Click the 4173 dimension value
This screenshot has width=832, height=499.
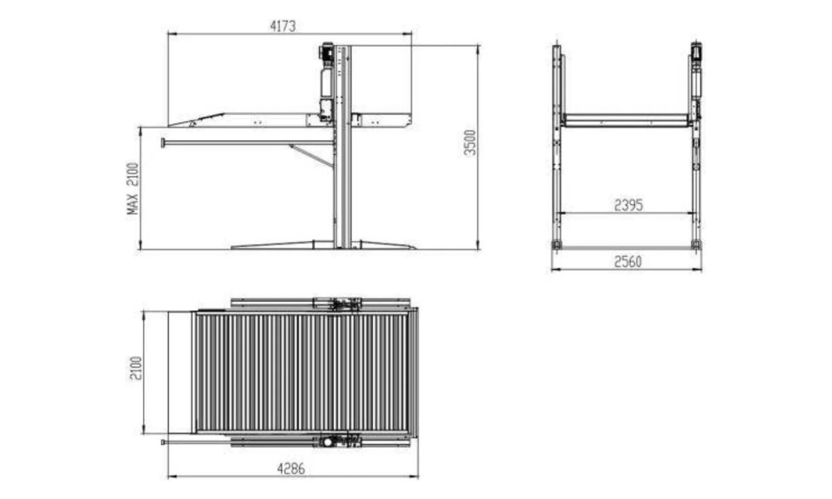pos(283,26)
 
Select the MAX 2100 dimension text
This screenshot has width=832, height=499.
pos(133,188)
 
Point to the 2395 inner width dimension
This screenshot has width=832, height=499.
pos(629,204)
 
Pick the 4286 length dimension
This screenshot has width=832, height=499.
pos(292,468)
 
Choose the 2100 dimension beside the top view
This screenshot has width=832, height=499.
pos(135,368)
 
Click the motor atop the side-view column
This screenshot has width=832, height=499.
pos(326,51)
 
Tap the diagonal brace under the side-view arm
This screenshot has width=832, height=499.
pos(312,154)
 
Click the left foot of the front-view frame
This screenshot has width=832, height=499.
pos(556,244)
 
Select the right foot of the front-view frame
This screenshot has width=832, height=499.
pos(696,244)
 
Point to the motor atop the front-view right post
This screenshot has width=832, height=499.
pos(696,51)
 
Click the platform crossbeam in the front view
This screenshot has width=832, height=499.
pos(626,120)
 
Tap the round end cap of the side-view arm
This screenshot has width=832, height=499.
pos(163,143)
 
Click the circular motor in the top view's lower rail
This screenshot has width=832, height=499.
pos(327,441)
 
